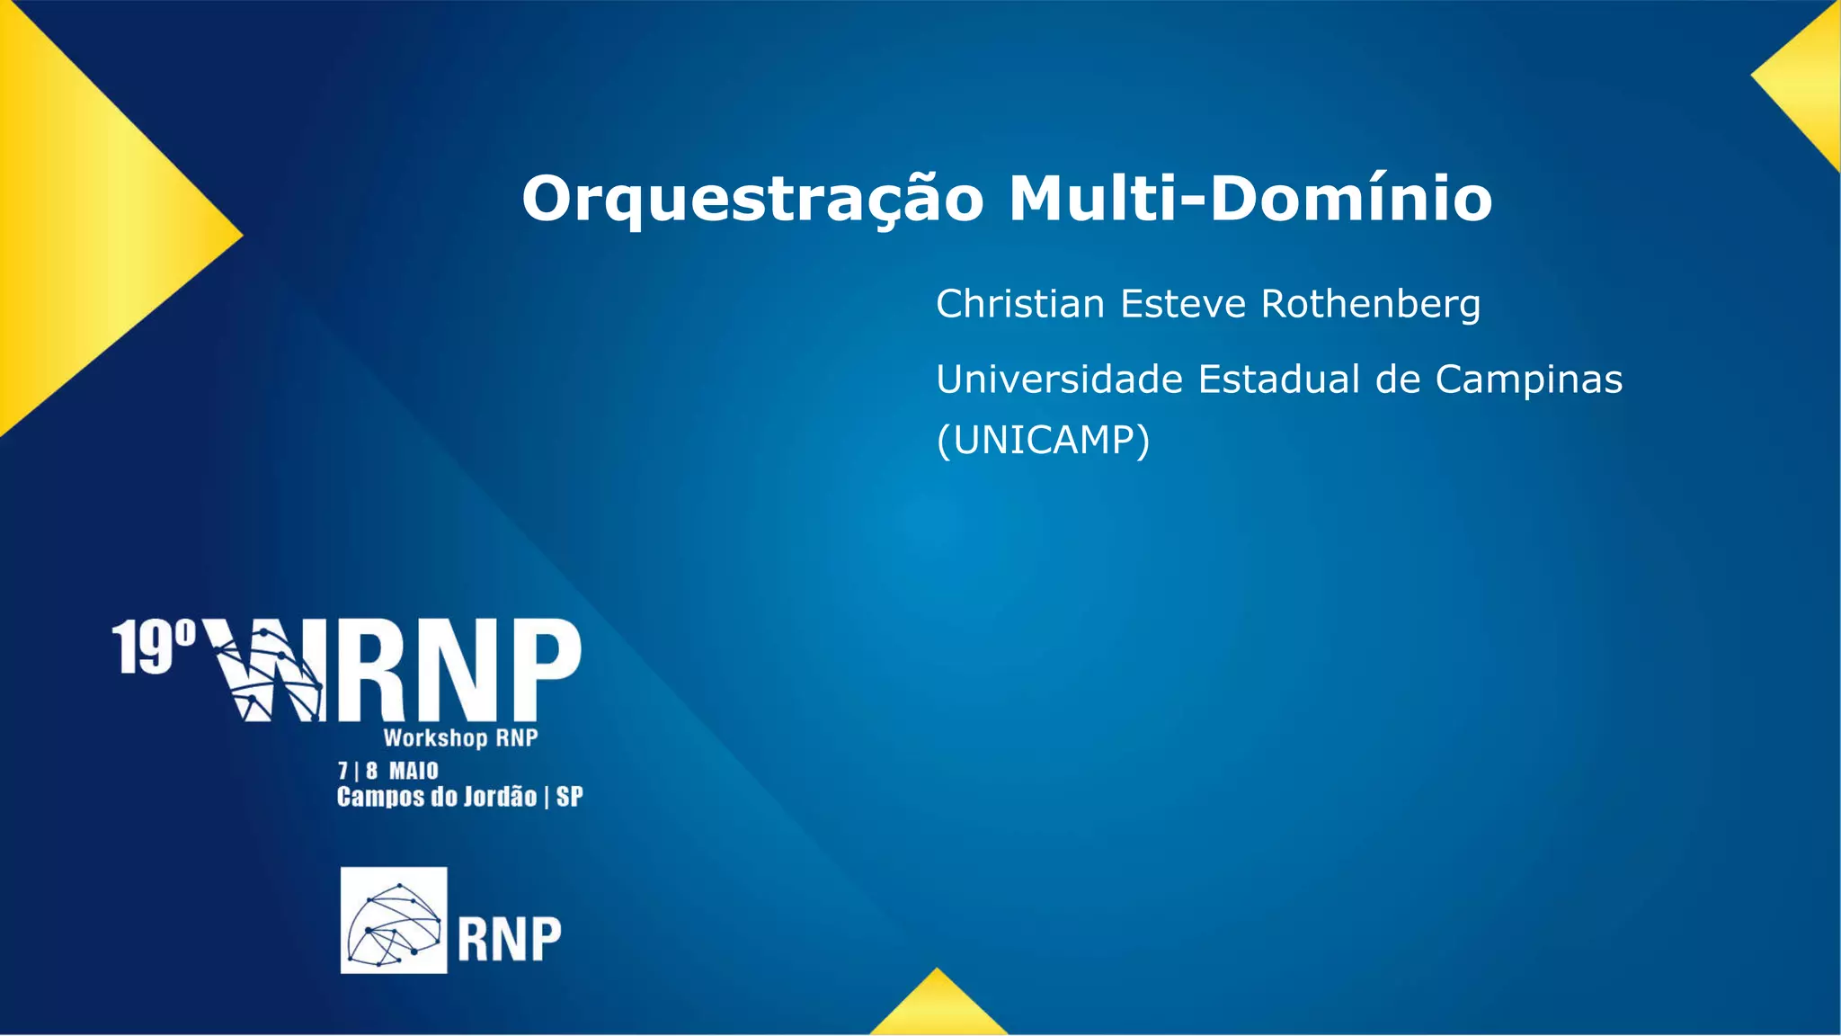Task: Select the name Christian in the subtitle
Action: [x=1019, y=304]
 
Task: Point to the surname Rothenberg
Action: [x=1371, y=304]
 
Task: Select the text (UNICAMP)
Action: [x=1043, y=441]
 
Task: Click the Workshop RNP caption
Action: [x=460, y=738]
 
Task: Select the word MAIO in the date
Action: [x=414, y=771]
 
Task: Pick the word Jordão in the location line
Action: [x=500, y=797]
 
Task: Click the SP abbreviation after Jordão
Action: [x=569, y=797]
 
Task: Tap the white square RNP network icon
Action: [x=394, y=920]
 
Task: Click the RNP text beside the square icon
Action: [x=509, y=940]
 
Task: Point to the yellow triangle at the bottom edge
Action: [x=938, y=1009]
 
